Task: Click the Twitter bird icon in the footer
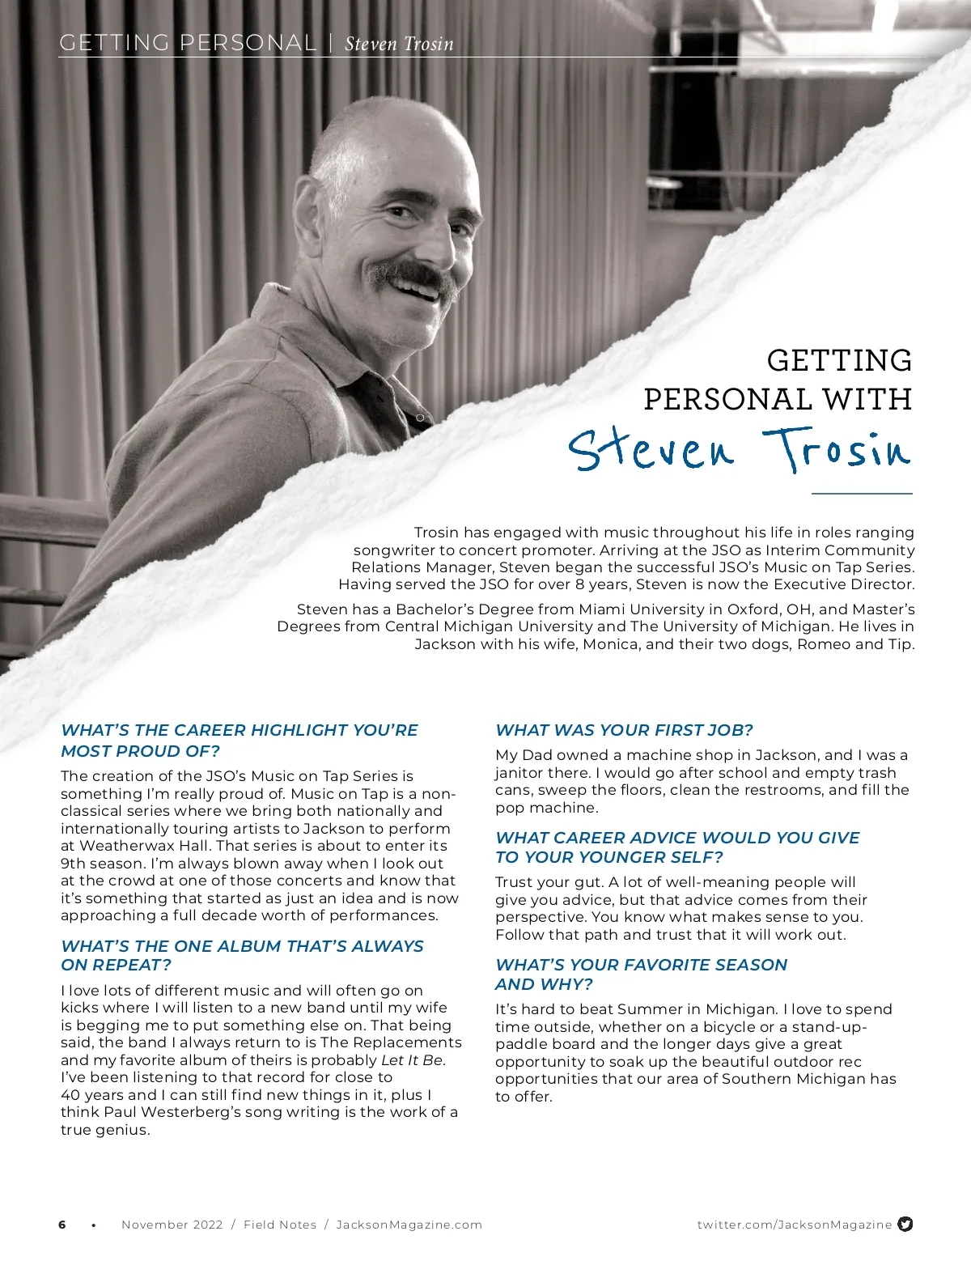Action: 905,1224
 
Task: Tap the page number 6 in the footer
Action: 62,1225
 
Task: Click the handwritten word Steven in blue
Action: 651,450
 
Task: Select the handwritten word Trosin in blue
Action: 837,449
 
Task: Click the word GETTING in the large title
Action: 839,360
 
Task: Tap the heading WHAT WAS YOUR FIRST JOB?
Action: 624,730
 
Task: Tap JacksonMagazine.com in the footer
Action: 409,1225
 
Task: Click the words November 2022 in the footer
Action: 172,1225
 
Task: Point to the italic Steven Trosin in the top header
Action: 399,44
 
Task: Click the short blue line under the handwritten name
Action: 861,493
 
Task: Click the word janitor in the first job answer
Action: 522,772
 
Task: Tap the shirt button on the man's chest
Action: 420,417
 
